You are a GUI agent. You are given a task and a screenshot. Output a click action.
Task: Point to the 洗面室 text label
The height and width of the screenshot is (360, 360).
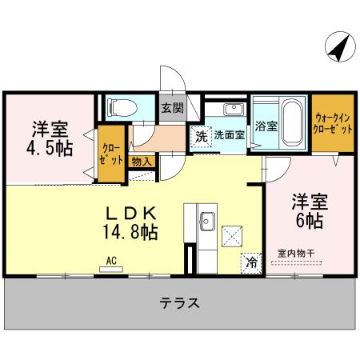(228, 134)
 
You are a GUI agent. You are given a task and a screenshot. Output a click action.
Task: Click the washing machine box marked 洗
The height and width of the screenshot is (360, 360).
(200, 134)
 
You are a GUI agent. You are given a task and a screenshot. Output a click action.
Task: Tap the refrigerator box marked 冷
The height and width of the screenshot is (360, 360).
(251, 262)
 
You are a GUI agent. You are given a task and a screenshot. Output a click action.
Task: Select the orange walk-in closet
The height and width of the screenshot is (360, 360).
(332, 123)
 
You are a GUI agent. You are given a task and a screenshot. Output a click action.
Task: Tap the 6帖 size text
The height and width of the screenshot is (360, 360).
(306, 218)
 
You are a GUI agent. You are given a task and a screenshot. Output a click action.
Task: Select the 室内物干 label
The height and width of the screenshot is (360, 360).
(296, 254)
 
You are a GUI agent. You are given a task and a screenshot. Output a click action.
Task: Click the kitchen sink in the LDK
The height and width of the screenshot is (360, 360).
(206, 219)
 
